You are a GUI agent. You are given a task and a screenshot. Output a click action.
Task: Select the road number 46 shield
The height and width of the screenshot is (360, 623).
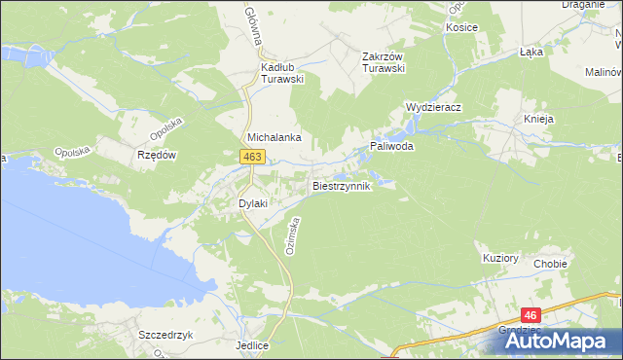click(x=531, y=315)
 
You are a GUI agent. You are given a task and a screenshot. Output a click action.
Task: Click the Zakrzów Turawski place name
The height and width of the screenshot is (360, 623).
click(x=383, y=61)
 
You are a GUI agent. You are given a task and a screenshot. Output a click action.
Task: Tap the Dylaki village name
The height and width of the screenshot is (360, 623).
click(x=253, y=202)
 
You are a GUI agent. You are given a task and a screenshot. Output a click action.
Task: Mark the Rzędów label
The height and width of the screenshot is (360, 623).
click(x=156, y=155)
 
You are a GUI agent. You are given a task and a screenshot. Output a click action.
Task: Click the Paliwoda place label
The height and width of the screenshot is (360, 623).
click(x=391, y=146)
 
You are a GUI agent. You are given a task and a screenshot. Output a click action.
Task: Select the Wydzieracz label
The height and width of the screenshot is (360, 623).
click(x=433, y=107)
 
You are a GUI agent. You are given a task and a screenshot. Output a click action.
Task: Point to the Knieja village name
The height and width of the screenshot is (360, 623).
click(x=538, y=119)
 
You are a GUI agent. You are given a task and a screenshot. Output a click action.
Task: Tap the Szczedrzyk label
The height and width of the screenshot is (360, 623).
click(x=163, y=333)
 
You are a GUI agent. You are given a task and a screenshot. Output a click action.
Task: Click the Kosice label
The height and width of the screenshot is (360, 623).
click(x=461, y=27)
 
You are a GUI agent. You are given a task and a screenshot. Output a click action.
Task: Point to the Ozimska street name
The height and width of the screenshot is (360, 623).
click(x=291, y=235)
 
